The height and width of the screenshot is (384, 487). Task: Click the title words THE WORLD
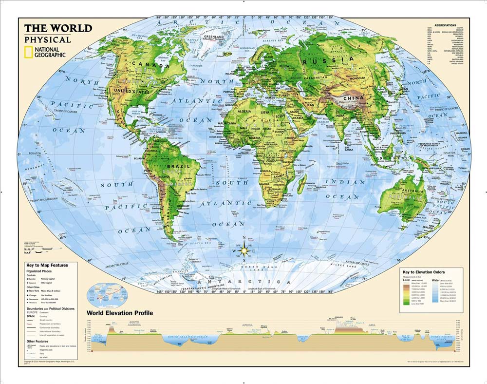pos(58,28)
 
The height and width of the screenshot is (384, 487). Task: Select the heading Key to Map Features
pos(47,265)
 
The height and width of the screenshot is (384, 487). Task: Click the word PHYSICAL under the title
pos(48,39)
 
